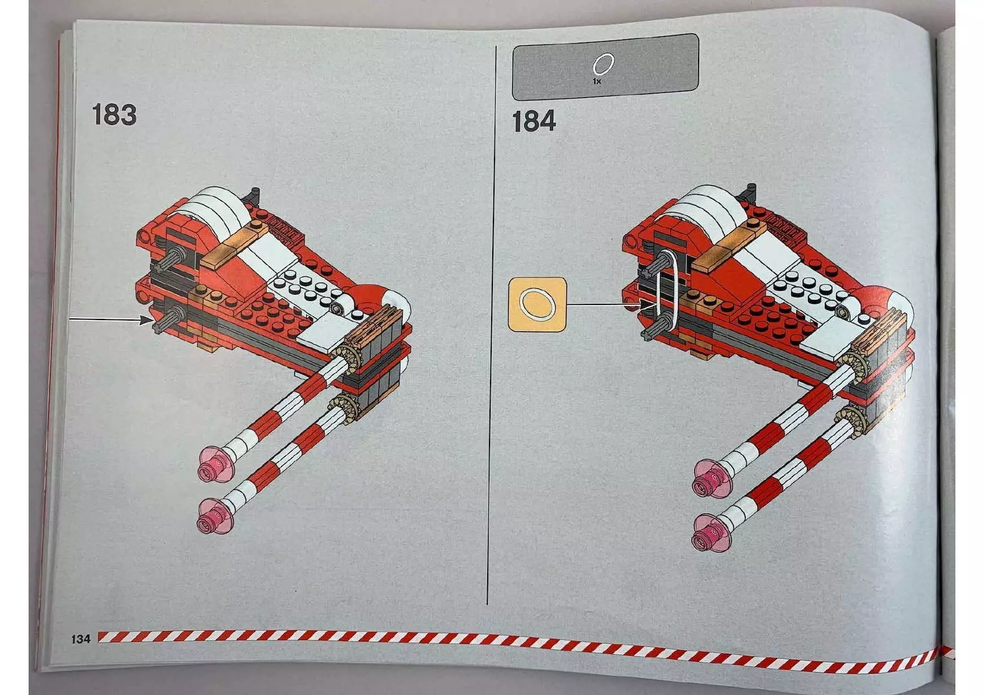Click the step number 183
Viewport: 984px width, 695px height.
114,115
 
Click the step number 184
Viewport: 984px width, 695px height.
533,122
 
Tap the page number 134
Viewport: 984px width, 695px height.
81,639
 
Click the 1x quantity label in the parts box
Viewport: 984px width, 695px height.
597,82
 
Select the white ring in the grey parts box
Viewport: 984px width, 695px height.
603,64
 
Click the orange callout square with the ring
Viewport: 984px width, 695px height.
537,303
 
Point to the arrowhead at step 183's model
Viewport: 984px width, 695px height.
146,320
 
